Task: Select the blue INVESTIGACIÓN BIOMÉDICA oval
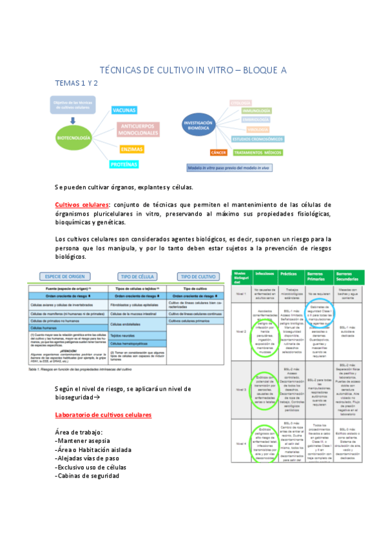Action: point(198,125)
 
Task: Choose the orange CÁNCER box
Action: point(219,153)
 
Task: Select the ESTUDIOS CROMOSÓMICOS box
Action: point(258,138)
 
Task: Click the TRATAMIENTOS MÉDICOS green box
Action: point(258,153)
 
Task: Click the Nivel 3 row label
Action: point(241,390)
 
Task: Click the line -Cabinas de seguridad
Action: point(88,476)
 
